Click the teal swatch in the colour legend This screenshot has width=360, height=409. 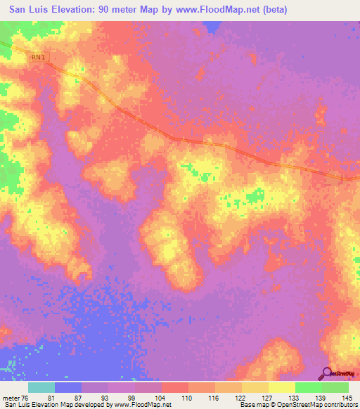tap(41, 388)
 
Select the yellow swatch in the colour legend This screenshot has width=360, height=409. tap(281, 388)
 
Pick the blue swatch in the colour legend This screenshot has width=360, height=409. tap(68, 388)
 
